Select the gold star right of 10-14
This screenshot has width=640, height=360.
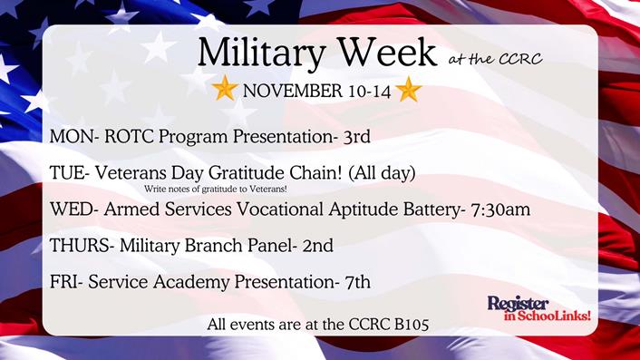(408, 89)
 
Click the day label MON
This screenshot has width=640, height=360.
(70, 137)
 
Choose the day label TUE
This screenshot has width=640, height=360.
(67, 172)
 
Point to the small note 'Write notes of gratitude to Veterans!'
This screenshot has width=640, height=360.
(215, 189)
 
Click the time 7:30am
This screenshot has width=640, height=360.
(499, 209)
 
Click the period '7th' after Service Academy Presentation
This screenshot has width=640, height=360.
(354, 282)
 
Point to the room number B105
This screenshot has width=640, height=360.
(407, 322)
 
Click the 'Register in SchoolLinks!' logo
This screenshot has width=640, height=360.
(538, 308)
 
